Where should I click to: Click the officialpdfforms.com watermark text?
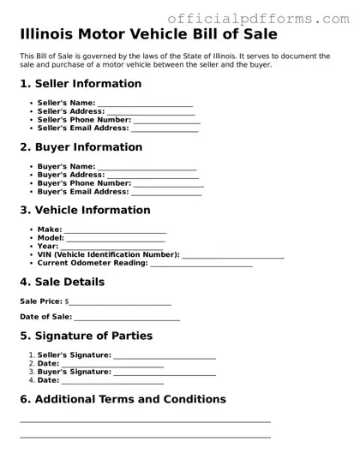click(257, 17)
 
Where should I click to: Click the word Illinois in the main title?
click(54, 35)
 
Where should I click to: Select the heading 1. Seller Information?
click(81, 84)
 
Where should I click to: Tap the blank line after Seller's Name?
click(145, 104)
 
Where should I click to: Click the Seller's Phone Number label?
click(84, 120)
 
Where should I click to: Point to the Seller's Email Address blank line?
click(164, 129)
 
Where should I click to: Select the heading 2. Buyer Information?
click(81, 147)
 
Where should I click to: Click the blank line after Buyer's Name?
click(147, 167)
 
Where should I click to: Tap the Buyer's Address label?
click(70, 175)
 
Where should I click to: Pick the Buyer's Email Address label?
click(82, 192)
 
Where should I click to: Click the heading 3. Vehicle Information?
click(85, 211)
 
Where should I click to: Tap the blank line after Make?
click(115, 230)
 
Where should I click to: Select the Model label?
click(51, 238)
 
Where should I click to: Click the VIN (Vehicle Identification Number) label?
click(108, 255)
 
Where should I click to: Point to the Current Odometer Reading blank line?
click(201, 265)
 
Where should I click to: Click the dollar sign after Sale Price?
click(67, 302)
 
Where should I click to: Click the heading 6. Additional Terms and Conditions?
click(123, 400)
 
